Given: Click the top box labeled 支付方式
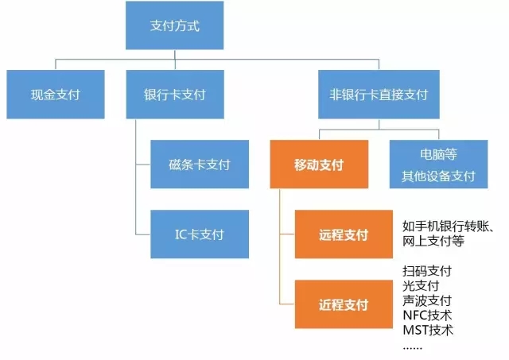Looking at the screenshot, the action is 175,25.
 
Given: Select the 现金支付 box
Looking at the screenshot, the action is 56,95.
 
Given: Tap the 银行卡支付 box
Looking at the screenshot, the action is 175,95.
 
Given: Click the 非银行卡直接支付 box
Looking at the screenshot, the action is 379,95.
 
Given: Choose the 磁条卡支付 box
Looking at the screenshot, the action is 200,165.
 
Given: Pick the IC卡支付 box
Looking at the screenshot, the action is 200,234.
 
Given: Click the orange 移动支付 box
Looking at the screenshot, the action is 319,165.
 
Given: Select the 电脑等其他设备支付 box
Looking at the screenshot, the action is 438,165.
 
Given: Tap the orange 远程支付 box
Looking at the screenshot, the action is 344,234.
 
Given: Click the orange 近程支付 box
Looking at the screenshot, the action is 344,304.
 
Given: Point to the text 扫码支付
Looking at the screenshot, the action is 427,271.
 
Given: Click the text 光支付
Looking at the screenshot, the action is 421,286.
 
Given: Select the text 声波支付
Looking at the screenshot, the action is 427,300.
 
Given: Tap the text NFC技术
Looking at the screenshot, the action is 427,315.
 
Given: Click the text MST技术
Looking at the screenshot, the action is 428,330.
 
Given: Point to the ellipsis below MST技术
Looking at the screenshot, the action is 412,349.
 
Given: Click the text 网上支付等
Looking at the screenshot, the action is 433,241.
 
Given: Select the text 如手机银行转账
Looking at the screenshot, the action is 445,226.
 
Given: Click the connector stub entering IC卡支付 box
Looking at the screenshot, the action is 143,234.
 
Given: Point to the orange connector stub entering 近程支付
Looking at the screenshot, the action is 287,304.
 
